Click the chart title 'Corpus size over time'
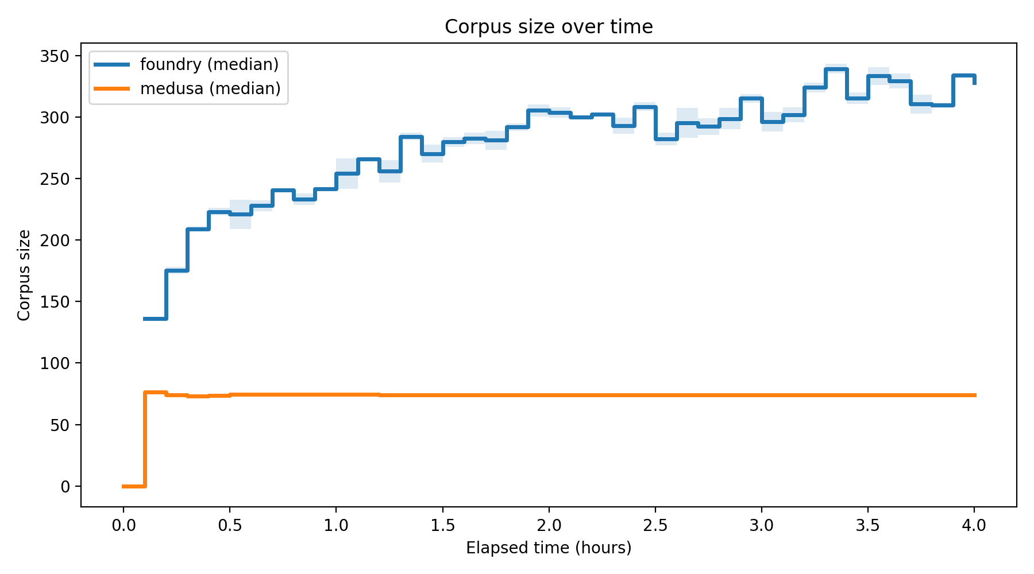click(x=549, y=27)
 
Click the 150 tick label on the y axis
click(x=56, y=302)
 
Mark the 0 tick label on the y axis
click(x=64, y=487)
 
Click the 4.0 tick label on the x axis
click(x=974, y=525)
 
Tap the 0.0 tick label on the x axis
click(x=123, y=525)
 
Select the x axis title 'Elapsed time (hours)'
click(x=549, y=548)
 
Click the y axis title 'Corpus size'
click(x=24, y=275)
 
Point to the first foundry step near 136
click(x=155, y=319)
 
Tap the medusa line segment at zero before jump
click(x=133, y=486)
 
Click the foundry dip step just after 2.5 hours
click(x=666, y=139)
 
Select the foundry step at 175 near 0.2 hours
click(x=176, y=270)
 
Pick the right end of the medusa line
click(x=974, y=395)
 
